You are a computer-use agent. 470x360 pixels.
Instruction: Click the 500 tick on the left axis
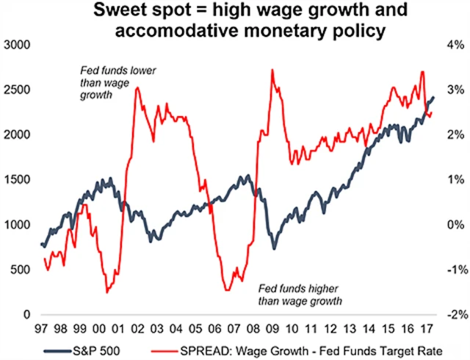tap(22, 270)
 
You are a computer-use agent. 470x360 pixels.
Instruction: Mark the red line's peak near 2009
tap(272, 71)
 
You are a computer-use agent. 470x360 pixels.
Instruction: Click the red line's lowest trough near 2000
tap(107, 292)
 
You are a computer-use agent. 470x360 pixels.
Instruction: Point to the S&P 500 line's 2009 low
tap(275, 248)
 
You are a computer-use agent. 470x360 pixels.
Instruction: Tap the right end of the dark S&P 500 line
tap(433, 97)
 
